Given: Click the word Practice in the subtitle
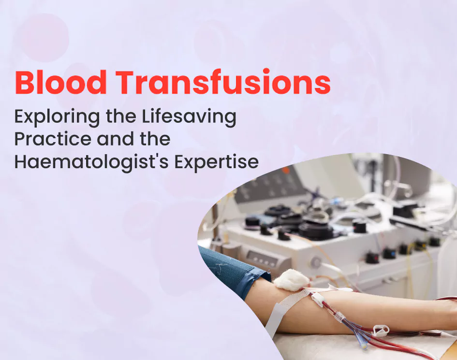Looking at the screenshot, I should pyautogui.click(x=52, y=140).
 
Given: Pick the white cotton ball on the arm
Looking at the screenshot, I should pyautogui.click(x=291, y=280).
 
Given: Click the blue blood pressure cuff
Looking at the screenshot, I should pyautogui.click(x=232, y=271).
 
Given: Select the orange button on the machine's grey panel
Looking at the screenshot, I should pyautogui.click(x=286, y=170).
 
